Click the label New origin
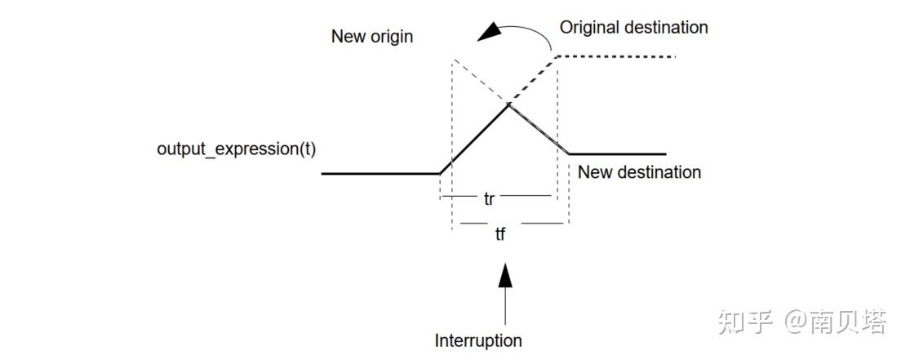[371, 37]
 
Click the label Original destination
[633, 28]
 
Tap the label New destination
[639, 172]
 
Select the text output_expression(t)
[236, 151]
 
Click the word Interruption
[478, 340]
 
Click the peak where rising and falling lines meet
[508, 104]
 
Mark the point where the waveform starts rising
[440, 173]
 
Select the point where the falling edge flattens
[569, 153]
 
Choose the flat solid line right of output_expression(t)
[380, 173]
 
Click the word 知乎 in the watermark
[744, 323]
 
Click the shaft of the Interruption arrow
[506, 306]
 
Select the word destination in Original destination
[666, 28]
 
